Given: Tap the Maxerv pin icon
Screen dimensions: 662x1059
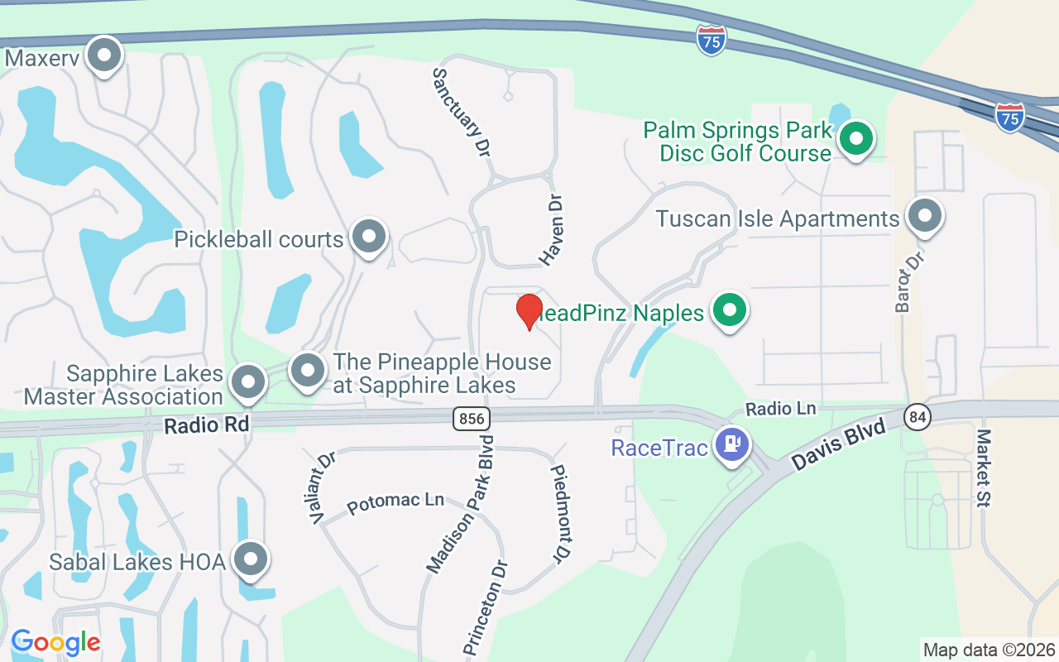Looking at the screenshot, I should coord(104,56).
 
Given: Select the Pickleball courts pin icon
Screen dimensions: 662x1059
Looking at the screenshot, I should coord(369,237).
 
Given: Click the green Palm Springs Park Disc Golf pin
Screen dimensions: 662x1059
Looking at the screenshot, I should coord(857,139).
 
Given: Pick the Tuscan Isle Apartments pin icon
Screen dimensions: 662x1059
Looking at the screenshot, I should coord(924,217).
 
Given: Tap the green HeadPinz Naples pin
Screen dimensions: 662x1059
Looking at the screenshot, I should coord(730,312).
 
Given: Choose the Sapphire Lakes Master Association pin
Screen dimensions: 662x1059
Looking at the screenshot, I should coord(247,382).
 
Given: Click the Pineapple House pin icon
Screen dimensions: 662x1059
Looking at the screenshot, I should coord(308,371).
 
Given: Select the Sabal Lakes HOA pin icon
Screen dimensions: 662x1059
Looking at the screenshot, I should coord(251,560).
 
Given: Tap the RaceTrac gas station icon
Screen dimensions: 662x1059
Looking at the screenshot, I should coord(732,445).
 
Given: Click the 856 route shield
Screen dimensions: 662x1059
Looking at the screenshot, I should coord(470,419).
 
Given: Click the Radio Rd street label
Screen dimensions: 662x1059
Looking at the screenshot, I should coord(207,425).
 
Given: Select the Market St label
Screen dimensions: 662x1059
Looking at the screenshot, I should coord(984,468).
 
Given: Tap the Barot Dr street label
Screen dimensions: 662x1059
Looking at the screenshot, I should coord(908,281).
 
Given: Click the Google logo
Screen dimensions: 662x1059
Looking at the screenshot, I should coord(55,642).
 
